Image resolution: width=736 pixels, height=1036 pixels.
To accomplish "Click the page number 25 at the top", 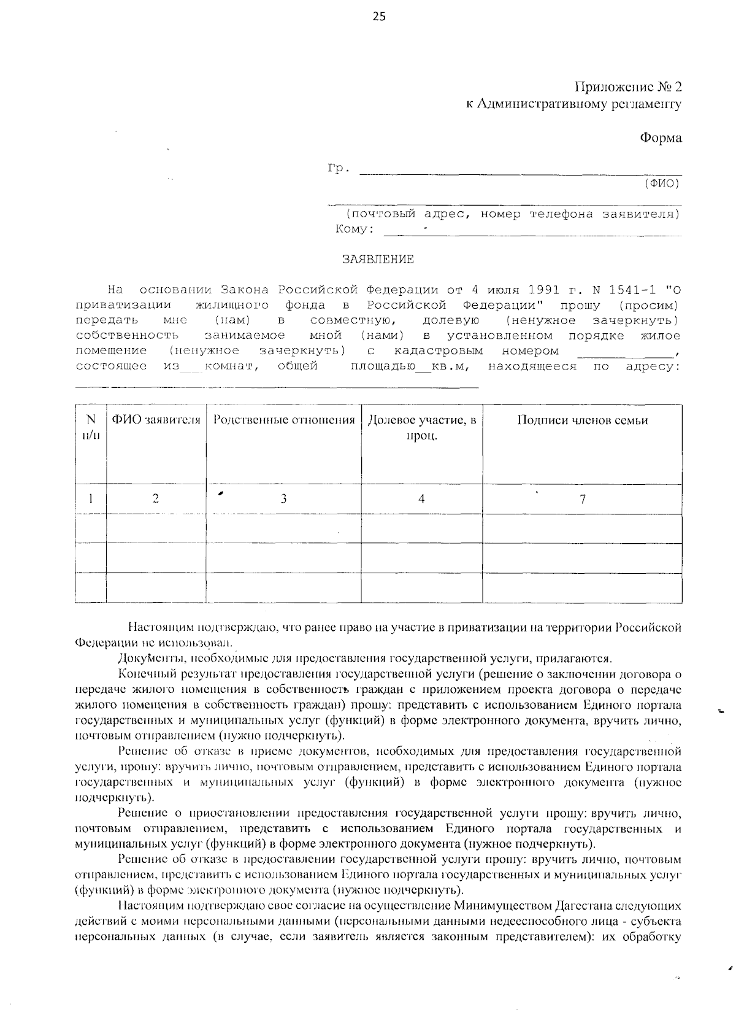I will point(379,17).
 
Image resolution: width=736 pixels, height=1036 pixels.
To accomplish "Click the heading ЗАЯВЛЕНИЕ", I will point(378,259).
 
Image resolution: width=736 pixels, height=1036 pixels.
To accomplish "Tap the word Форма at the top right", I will point(661,137).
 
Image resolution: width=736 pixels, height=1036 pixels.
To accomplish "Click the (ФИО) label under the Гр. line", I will point(661,183).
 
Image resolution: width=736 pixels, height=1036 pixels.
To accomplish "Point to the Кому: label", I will point(355,230).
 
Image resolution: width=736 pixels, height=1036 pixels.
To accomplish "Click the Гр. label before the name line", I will point(339,168).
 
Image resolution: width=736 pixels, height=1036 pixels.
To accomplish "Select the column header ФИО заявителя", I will point(156,420).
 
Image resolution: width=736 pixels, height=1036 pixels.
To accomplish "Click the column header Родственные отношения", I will point(283,420).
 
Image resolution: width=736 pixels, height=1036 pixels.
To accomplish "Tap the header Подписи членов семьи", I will point(582,420).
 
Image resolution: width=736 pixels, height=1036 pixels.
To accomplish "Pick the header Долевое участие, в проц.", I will point(421,428).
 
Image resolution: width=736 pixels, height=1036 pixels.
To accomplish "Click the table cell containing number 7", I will point(582,499).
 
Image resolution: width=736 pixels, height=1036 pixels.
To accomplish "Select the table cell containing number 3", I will point(283,499).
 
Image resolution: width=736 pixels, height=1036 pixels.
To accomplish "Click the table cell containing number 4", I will point(421,499).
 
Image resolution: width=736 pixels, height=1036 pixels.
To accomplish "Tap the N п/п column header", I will point(91,428).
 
